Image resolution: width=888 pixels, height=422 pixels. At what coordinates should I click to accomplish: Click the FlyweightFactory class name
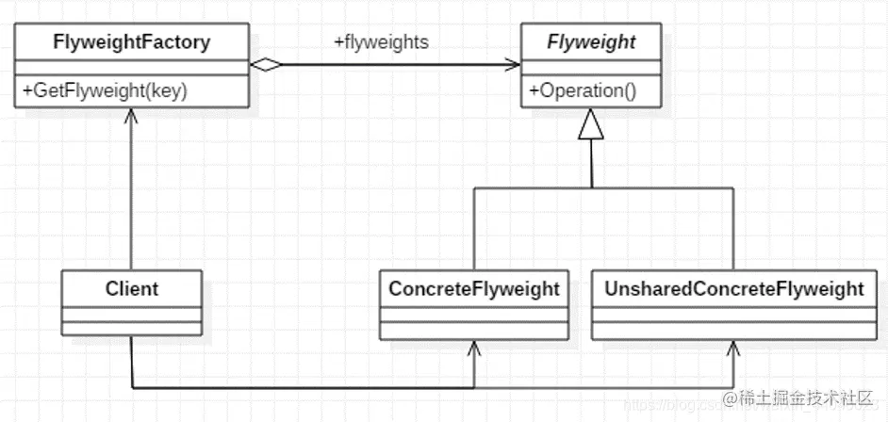pos(132,42)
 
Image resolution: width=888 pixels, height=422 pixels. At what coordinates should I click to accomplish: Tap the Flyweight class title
pos(591,42)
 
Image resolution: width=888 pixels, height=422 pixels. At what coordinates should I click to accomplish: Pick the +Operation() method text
pos(583,92)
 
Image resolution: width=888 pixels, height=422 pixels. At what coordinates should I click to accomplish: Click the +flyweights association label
pos(382,42)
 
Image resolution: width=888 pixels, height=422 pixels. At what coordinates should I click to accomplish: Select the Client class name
pos(132,288)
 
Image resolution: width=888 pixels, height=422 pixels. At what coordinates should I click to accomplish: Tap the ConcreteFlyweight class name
pos(474,288)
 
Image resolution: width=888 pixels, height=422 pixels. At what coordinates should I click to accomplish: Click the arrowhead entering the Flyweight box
pos(514,65)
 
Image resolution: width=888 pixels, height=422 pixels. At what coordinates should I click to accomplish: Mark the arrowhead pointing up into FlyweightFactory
pos(132,116)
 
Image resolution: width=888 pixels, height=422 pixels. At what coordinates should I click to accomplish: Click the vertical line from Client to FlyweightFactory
pos(132,198)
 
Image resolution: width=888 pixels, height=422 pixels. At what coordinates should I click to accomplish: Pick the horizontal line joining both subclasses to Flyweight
pos(603,187)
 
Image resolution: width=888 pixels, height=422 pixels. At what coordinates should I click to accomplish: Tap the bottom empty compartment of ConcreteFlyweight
pos(474,329)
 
